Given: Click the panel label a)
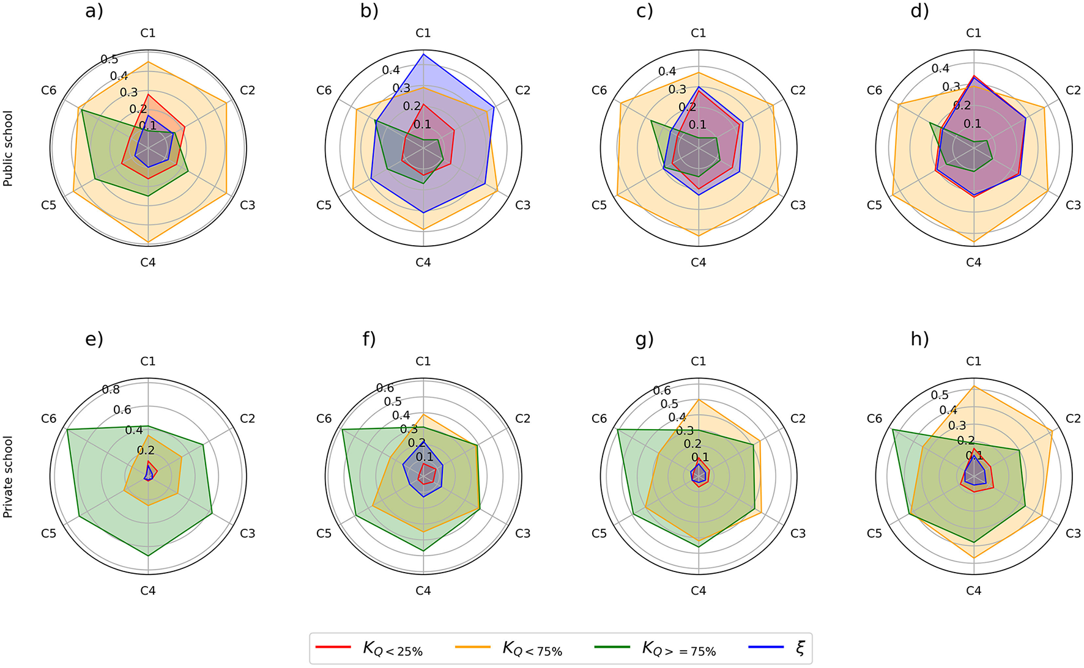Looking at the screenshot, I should click(94, 11).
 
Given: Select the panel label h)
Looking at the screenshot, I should click(919, 339).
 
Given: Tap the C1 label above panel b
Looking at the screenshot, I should click(423, 33).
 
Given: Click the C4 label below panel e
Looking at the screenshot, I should click(148, 590).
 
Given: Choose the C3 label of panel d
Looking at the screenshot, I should click(1073, 205).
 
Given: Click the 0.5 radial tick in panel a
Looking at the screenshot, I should click(110, 59).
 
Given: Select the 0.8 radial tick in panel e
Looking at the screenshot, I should click(111, 389).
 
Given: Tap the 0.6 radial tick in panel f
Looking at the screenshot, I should click(385, 387).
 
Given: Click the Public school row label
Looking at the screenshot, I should click(8, 149).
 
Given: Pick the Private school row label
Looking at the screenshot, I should click(8, 477).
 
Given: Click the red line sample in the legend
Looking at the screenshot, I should click(333, 647).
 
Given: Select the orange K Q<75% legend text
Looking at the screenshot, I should click(532, 648).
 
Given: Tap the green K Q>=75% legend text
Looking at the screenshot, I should click(678, 648).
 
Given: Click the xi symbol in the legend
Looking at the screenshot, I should click(800, 648).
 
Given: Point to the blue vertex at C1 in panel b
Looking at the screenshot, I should click(423, 54).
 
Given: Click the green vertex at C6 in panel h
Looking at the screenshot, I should click(893, 430).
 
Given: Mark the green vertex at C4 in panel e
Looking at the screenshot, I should click(148, 556).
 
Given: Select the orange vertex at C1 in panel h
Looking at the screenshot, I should click(973, 386).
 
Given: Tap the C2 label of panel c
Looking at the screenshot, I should click(798, 90).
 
